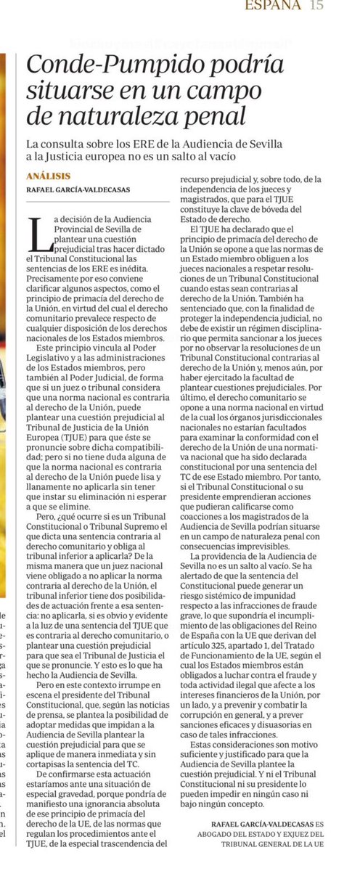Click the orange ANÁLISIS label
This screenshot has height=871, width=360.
pyautogui.click(x=48, y=175)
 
